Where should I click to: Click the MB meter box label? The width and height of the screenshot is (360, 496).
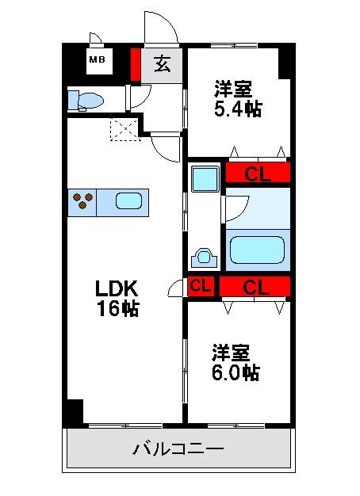97,59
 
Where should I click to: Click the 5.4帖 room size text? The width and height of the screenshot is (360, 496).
238,109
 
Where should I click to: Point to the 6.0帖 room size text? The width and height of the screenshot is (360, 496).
236,372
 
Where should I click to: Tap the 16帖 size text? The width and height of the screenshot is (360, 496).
119,309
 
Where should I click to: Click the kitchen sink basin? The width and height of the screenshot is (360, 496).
129,201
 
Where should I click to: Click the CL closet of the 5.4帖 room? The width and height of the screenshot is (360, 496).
257,173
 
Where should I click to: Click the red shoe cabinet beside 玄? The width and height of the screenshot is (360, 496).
136,64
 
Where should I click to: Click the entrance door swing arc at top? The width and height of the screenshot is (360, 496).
162,27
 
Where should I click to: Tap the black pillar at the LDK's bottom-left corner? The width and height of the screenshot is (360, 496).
74,412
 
